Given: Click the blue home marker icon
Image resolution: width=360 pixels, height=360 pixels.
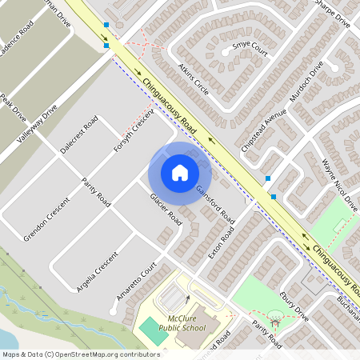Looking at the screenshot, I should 179,173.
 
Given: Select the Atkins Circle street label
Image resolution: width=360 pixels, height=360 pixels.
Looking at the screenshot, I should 194,80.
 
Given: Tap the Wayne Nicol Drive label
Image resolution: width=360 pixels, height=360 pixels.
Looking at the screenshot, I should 339,185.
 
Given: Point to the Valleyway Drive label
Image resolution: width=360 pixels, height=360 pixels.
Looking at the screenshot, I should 38,126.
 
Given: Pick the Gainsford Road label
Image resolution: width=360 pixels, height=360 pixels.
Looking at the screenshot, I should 214,203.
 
